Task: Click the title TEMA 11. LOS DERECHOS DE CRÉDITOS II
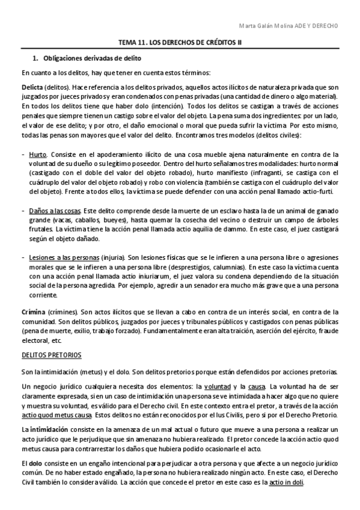tap(179, 43)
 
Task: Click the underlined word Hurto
tap(39, 155)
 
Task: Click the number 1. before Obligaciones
tap(34, 59)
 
